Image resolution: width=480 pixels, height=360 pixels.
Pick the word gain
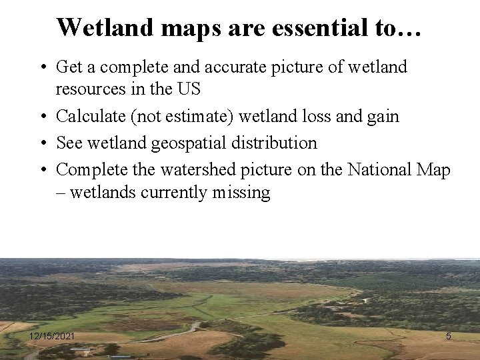(x=382, y=116)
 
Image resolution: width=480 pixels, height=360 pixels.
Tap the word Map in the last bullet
(x=435, y=170)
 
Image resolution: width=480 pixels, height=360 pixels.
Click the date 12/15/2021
(x=52, y=337)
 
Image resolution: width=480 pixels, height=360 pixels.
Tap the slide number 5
(x=448, y=337)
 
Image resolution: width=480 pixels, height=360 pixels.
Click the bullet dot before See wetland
(x=43, y=143)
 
